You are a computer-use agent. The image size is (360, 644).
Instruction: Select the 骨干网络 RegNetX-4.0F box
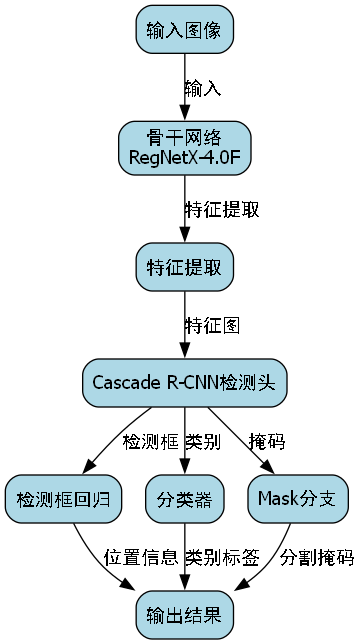click(184, 146)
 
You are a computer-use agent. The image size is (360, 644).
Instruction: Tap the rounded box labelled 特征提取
click(184, 268)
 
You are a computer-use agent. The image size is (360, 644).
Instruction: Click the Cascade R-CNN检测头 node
click(184, 383)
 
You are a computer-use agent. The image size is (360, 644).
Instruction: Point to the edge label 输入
click(203, 88)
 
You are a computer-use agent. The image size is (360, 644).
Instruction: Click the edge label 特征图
click(212, 325)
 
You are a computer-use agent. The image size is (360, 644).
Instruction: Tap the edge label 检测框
click(150, 441)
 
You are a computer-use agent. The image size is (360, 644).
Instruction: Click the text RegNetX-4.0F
click(184, 157)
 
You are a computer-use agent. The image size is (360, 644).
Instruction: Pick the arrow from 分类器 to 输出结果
click(184, 555)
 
